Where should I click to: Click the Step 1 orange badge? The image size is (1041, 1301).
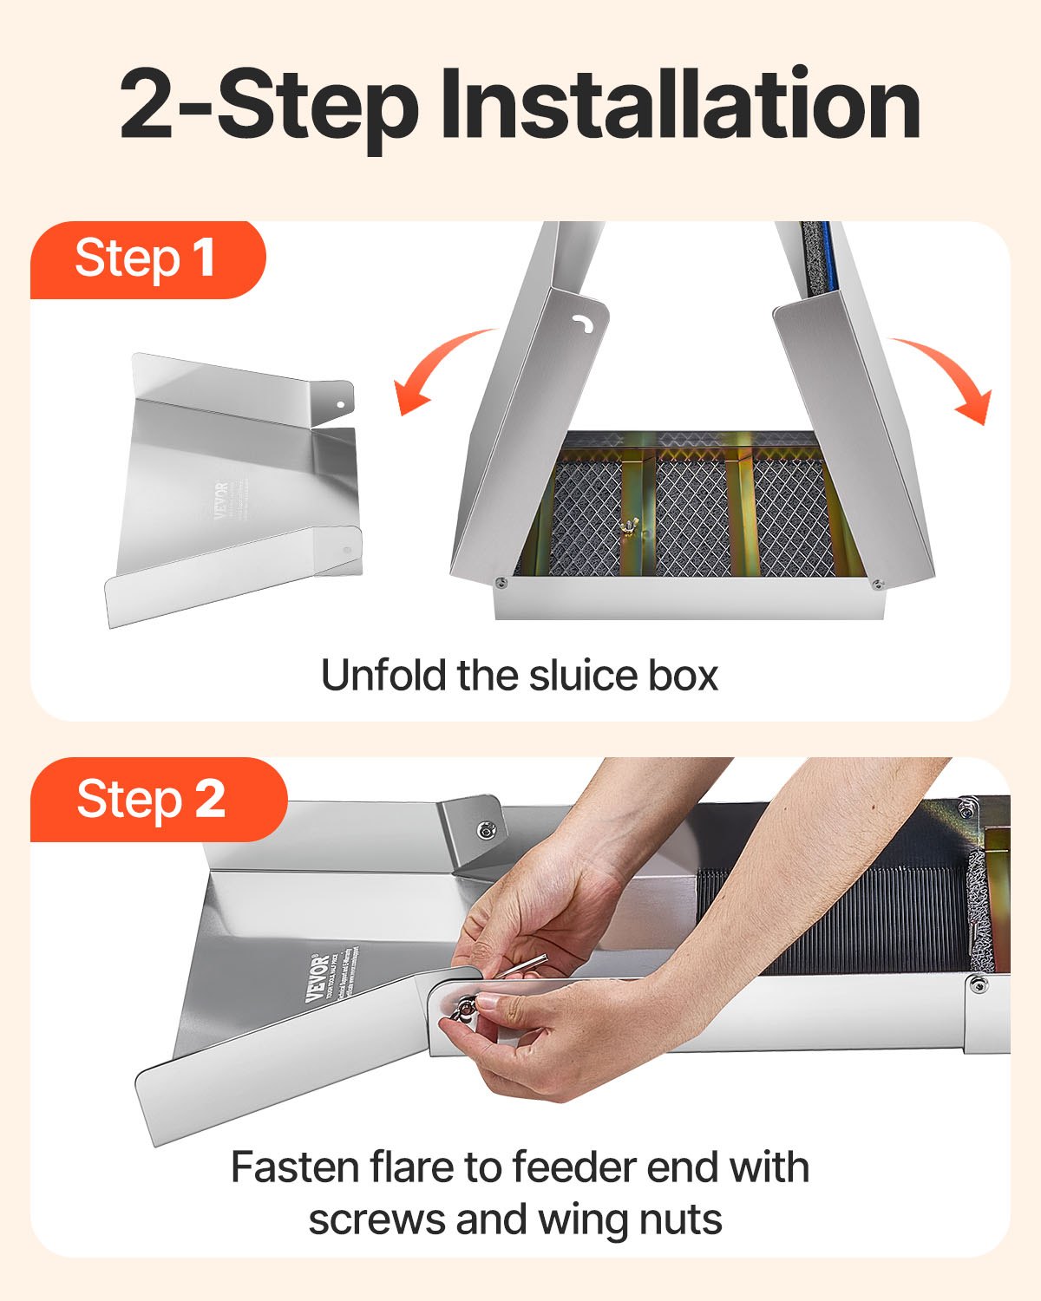click(x=146, y=258)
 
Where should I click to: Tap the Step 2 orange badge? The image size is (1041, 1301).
click(x=152, y=799)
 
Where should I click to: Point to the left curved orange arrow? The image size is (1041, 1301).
click(x=438, y=369)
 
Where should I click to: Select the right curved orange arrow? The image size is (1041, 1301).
click(x=950, y=377)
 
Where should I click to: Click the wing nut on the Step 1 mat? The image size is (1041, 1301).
click(x=625, y=528)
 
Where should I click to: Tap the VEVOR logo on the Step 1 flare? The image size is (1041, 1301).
click(x=220, y=500)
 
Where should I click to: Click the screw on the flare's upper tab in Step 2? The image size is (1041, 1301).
click(x=484, y=831)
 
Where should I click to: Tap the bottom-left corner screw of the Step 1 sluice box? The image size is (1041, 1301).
click(x=501, y=585)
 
